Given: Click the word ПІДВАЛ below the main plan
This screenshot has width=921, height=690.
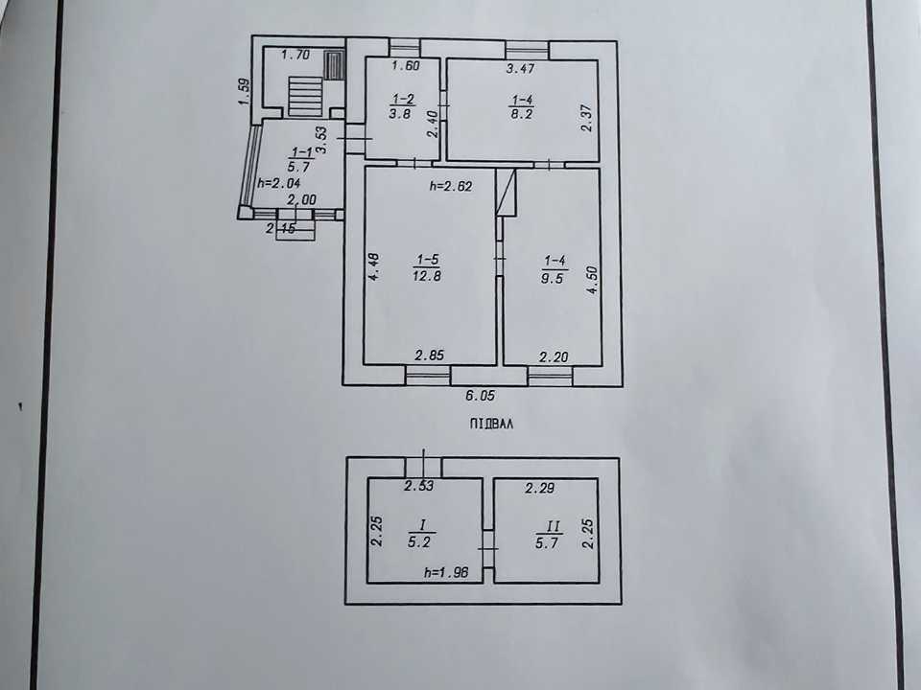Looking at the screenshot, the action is (x=491, y=424).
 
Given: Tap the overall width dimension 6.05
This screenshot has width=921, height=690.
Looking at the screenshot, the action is (x=480, y=396).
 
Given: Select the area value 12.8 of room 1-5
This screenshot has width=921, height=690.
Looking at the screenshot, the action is (x=426, y=275).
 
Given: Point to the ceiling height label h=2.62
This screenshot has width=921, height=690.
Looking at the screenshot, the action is (x=451, y=187).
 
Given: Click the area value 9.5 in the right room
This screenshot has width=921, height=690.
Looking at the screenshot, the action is (x=553, y=278).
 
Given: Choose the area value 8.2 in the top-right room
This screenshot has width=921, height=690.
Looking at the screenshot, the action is (x=521, y=114).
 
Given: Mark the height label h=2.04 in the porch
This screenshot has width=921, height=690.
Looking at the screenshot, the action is (x=278, y=183).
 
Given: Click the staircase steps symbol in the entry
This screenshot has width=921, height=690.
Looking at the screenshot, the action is (x=305, y=98).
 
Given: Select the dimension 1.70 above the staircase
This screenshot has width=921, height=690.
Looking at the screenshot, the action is (x=295, y=56).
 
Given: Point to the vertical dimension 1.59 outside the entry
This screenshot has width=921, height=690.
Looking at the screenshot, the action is (x=245, y=92).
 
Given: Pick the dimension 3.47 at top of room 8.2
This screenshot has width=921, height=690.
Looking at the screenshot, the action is (x=520, y=68).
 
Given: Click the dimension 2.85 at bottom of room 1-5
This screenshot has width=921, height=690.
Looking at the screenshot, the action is (x=430, y=355).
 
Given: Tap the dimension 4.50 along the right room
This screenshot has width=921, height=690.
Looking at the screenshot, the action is (x=592, y=280).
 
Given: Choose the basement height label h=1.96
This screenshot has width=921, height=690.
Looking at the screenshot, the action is (x=446, y=572).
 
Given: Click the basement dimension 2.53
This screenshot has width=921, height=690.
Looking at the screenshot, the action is (x=419, y=486).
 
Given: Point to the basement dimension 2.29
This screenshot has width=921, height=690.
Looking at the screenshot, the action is (x=540, y=488).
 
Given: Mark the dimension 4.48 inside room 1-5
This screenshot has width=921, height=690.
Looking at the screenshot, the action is (x=373, y=267).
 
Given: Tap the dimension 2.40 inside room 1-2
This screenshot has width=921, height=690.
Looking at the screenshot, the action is (x=433, y=125).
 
